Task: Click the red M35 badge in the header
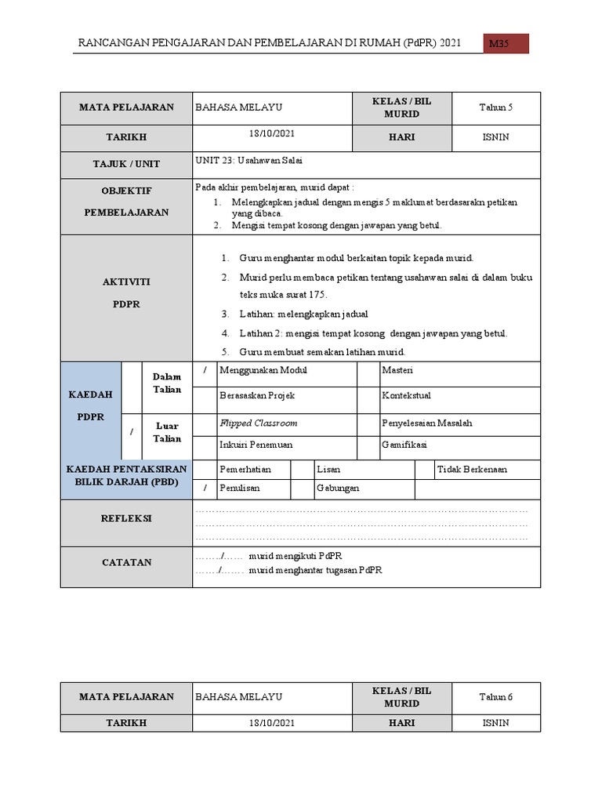pyautogui.click(x=506, y=44)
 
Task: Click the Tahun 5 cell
pyautogui.click(x=496, y=108)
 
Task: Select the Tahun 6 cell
pyautogui.click(x=496, y=697)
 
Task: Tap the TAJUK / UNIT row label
pyautogui.click(x=126, y=164)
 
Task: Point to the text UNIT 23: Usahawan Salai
pyautogui.click(x=248, y=160)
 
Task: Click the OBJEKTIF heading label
pyautogui.click(x=126, y=191)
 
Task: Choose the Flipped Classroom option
pyautogui.click(x=259, y=423)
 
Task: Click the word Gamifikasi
pyautogui.click(x=404, y=445)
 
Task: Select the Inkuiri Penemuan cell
pyautogui.click(x=256, y=445)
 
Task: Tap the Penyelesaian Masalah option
pyautogui.click(x=426, y=423)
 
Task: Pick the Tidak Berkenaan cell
pyautogui.click(x=472, y=469)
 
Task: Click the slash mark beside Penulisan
pyautogui.click(x=205, y=488)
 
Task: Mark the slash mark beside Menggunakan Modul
pyautogui.click(x=205, y=370)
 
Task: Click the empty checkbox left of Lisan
pyautogui.click(x=302, y=469)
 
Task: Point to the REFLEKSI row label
pyautogui.click(x=126, y=518)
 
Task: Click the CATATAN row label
pyautogui.click(x=126, y=562)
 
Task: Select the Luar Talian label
pyautogui.click(x=168, y=432)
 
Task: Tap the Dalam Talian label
pyautogui.click(x=168, y=383)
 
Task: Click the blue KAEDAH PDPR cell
pyautogui.click(x=90, y=405)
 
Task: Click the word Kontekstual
pyautogui.click(x=406, y=396)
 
